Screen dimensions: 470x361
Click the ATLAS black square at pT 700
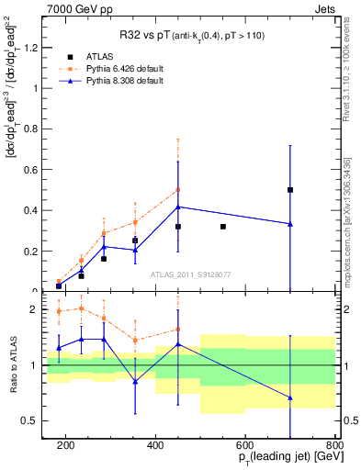pos(290,190)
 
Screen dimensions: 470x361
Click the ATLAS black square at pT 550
pos(223,226)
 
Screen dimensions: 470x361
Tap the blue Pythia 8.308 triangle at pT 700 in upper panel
pos(290,224)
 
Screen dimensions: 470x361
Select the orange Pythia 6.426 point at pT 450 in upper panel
pos(178,190)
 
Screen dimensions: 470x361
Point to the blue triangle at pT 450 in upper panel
pos(178,207)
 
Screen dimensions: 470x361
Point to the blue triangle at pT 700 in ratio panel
pos(290,397)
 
